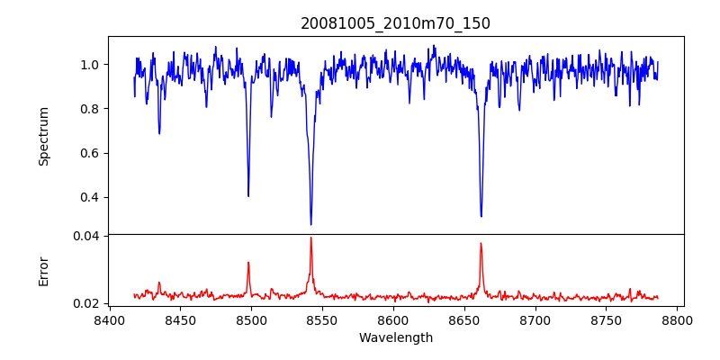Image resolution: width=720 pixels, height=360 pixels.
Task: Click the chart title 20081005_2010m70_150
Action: (x=395, y=23)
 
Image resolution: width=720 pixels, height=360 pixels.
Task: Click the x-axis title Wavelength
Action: (x=395, y=337)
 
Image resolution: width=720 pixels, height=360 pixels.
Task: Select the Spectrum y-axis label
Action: (x=43, y=136)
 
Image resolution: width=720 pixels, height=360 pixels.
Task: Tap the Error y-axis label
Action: (x=43, y=271)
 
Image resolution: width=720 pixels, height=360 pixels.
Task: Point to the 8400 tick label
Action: (x=109, y=319)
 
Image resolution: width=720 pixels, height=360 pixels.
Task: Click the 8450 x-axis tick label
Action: (x=180, y=319)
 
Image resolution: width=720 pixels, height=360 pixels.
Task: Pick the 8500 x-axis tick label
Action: (x=251, y=319)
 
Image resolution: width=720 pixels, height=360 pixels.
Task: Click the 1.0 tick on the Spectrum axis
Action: (x=90, y=65)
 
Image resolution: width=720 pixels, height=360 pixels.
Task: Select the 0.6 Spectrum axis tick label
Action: (x=90, y=153)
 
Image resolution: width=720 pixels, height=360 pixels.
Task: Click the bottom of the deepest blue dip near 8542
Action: (x=311, y=224)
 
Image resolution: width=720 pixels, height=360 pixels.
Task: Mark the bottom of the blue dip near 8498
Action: (x=248, y=195)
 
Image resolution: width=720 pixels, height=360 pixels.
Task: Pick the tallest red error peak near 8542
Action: (x=311, y=238)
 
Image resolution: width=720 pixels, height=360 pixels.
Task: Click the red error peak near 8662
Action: (x=481, y=243)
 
